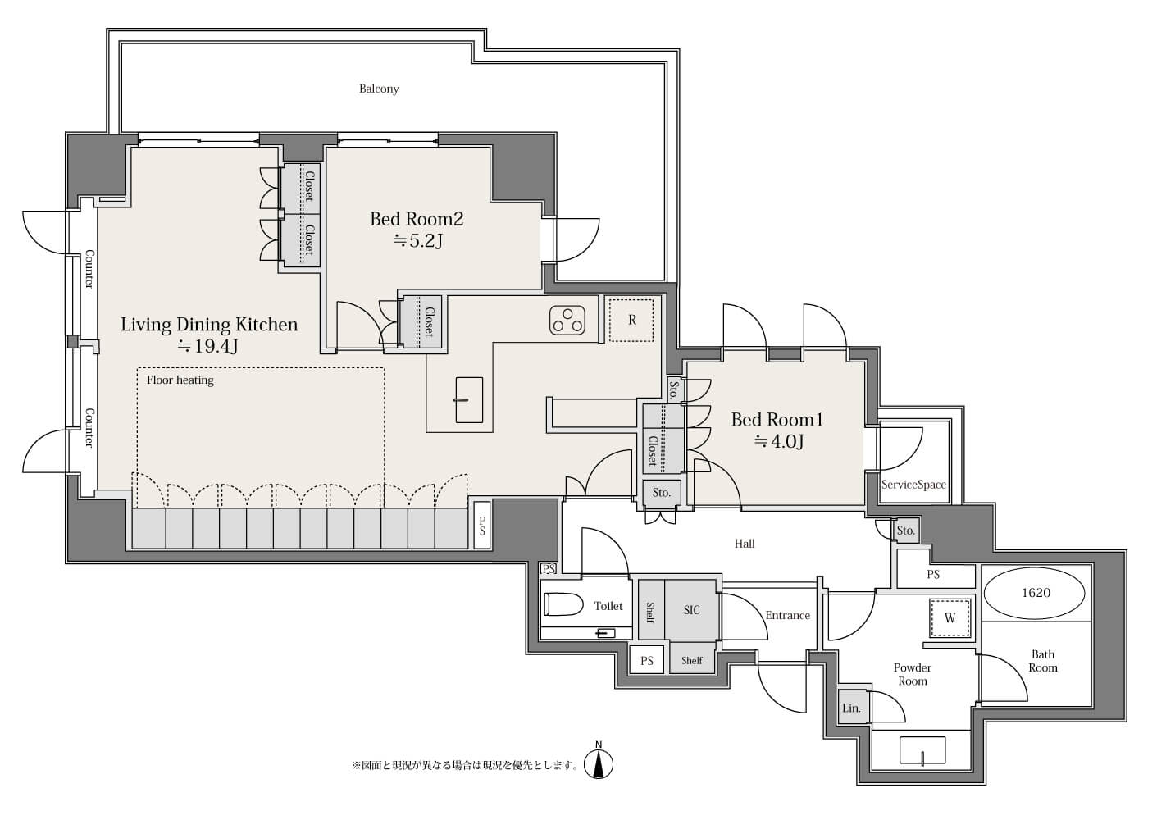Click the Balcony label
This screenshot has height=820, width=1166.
pyautogui.click(x=379, y=89)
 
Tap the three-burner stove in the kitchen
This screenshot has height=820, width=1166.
pyautogui.click(x=567, y=320)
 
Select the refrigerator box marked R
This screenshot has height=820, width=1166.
pyautogui.click(x=631, y=320)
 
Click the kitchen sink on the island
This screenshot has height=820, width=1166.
pyautogui.click(x=469, y=399)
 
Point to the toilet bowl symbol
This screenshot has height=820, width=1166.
pyautogui.click(x=563, y=604)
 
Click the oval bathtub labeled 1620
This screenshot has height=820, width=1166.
pyautogui.click(x=1036, y=593)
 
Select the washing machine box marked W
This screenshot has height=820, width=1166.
pyautogui.click(x=950, y=617)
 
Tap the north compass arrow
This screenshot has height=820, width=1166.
pyautogui.click(x=599, y=763)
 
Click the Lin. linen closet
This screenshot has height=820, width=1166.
pyautogui.click(x=852, y=708)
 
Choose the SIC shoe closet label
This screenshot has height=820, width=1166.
pyautogui.click(x=691, y=609)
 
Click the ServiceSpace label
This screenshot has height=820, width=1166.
pyautogui.click(x=913, y=485)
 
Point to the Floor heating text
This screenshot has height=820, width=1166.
pyautogui.click(x=180, y=380)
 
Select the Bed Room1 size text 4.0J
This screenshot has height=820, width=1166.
pyautogui.click(x=779, y=441)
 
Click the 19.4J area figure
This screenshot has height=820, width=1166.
pyautogui.click(x=207, y=346)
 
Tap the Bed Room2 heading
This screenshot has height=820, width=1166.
pyautogui.click(x=417, y=219)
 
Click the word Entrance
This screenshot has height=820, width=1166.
pyautogui.click(x=787, y=615)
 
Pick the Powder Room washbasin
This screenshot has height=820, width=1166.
pyautogui.click(x=922, y=750)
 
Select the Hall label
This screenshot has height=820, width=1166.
pyautogui.click(x=745, y=544)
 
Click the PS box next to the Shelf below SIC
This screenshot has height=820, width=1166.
pyautogui.click(x=646, y=660)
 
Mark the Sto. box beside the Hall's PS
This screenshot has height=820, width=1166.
pyautogui.click(x=906, y=531)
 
